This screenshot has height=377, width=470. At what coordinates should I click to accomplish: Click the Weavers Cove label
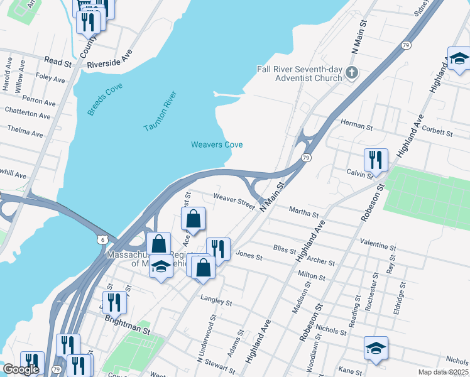tap(217, 145)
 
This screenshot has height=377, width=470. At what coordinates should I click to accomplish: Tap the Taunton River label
tap(161, 112)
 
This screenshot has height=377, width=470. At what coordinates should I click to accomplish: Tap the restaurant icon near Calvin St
tap(376, 159)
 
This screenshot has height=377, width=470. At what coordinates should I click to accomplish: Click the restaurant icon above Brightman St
tap(114, 302)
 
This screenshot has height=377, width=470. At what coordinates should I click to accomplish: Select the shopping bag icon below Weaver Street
tap(194, 219)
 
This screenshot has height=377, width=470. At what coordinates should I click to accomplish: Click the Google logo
tap(20, 369)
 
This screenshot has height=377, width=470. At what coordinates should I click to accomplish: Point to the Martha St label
tap(303, 212)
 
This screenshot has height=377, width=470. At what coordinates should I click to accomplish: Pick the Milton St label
tap(311, 275)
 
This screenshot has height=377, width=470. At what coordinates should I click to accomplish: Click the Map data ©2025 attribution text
tap(443, 372)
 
